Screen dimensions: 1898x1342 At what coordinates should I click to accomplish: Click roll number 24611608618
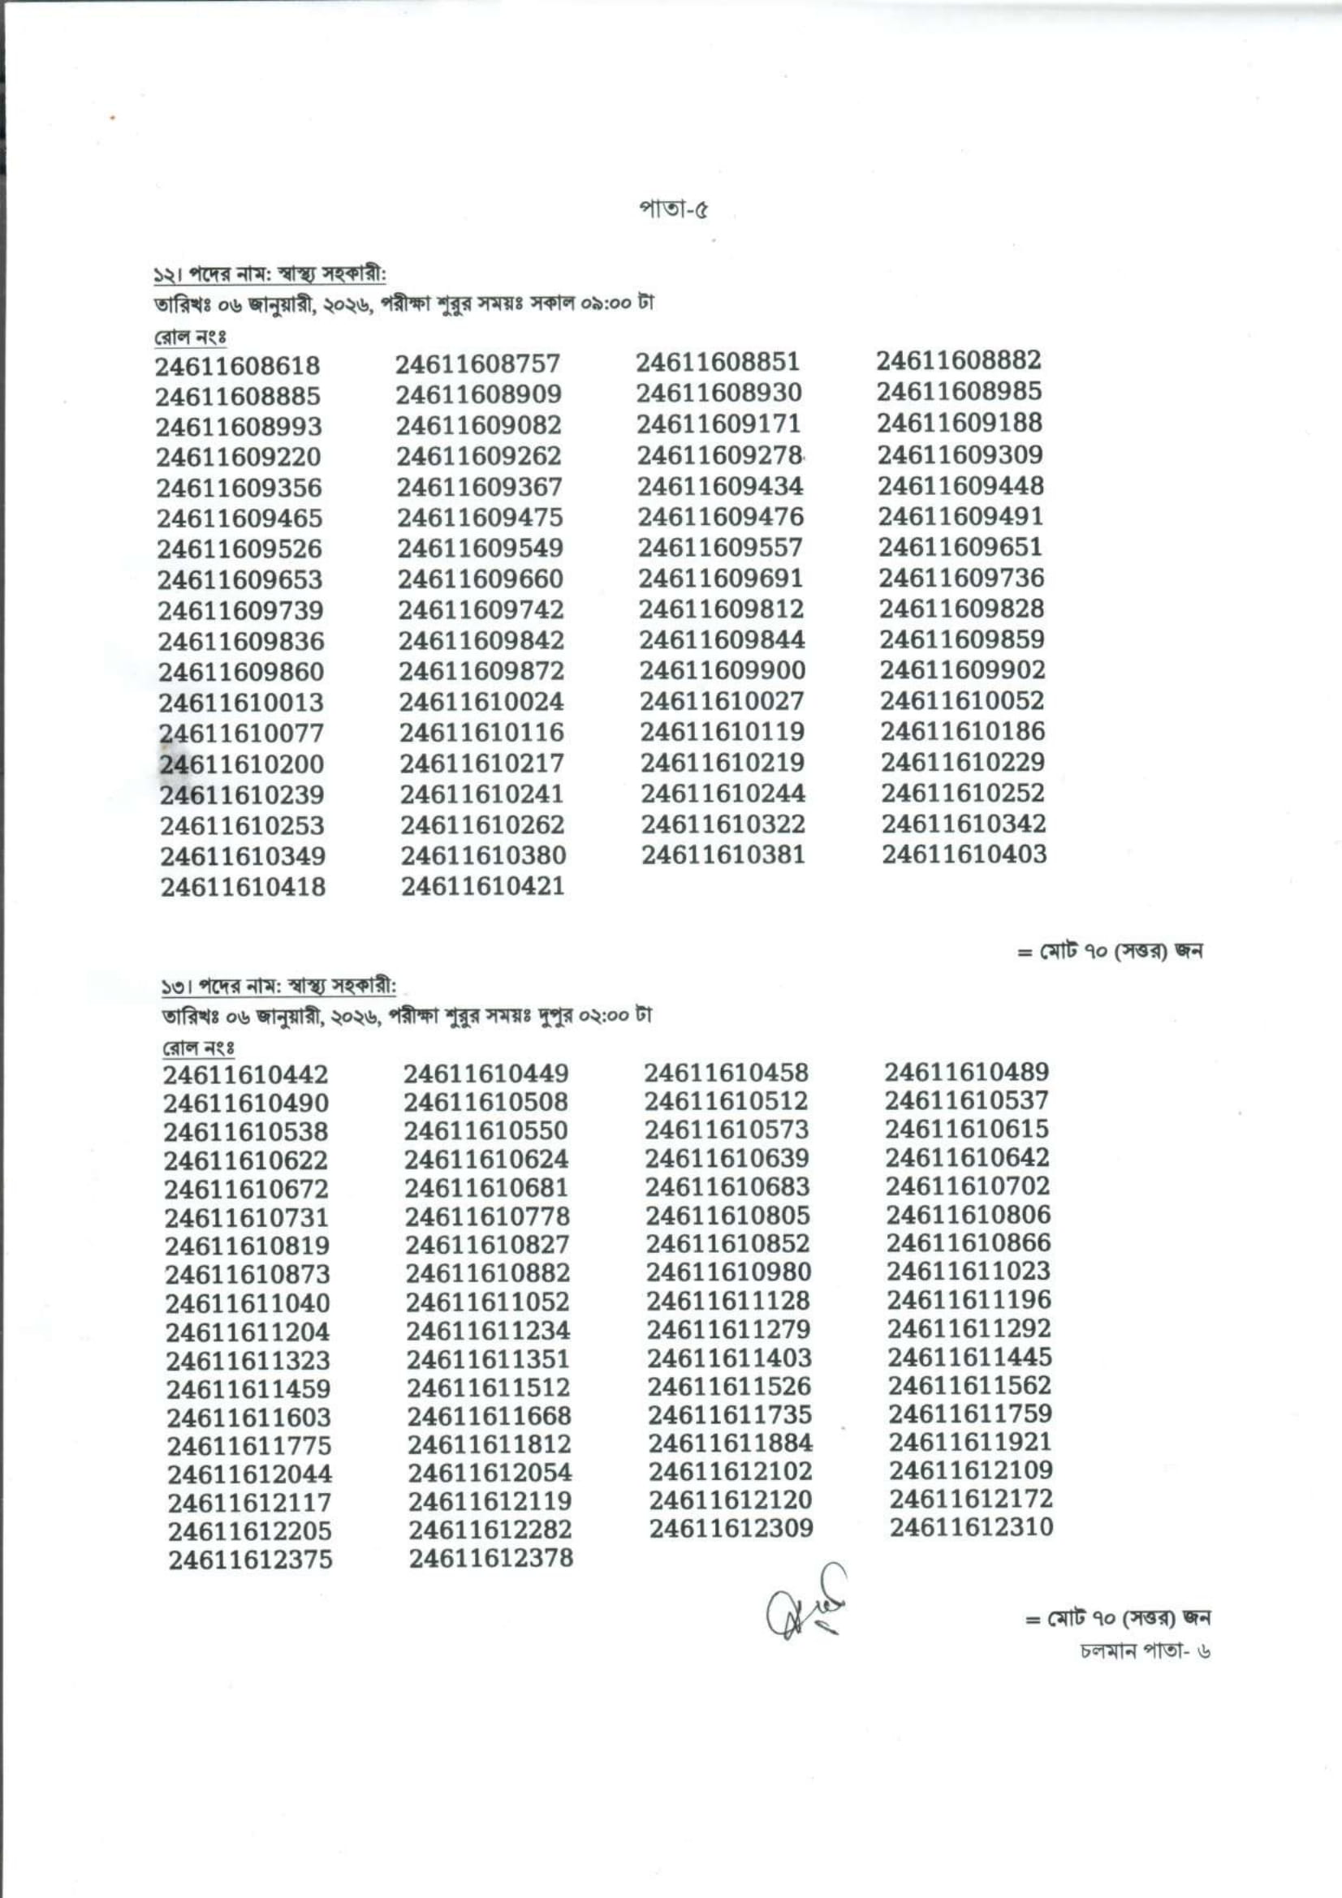238,365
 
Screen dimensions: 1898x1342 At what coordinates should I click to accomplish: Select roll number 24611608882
959,360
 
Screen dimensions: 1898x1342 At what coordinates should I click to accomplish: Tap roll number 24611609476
720,517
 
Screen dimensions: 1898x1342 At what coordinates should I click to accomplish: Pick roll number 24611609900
722,670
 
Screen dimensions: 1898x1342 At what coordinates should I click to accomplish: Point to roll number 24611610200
241,764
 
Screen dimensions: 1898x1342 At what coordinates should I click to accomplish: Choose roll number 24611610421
483,886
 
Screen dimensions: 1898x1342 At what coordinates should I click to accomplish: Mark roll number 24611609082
479,425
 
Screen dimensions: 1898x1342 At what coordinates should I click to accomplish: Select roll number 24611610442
245,1074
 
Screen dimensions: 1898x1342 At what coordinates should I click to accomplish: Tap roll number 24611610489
967,1072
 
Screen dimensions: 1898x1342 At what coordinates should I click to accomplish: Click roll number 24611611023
969,1271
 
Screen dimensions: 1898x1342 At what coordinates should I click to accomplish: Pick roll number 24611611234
488,1330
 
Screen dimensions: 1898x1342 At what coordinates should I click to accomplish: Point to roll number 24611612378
490,1558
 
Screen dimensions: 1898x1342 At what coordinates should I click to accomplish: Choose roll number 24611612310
972,1527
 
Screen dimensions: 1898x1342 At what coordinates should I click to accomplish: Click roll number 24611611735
730,1414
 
